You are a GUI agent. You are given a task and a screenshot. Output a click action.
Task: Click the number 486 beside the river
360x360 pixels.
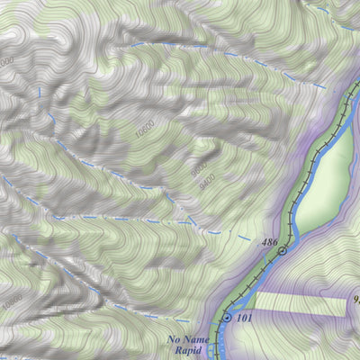267,243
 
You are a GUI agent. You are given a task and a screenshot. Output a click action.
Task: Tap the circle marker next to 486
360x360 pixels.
283,251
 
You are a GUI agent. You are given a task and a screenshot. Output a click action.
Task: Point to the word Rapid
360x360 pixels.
185,352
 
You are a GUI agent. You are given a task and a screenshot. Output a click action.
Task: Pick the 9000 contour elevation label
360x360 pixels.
197,168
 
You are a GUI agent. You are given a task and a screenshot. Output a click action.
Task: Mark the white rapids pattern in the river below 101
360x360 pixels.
219,346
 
